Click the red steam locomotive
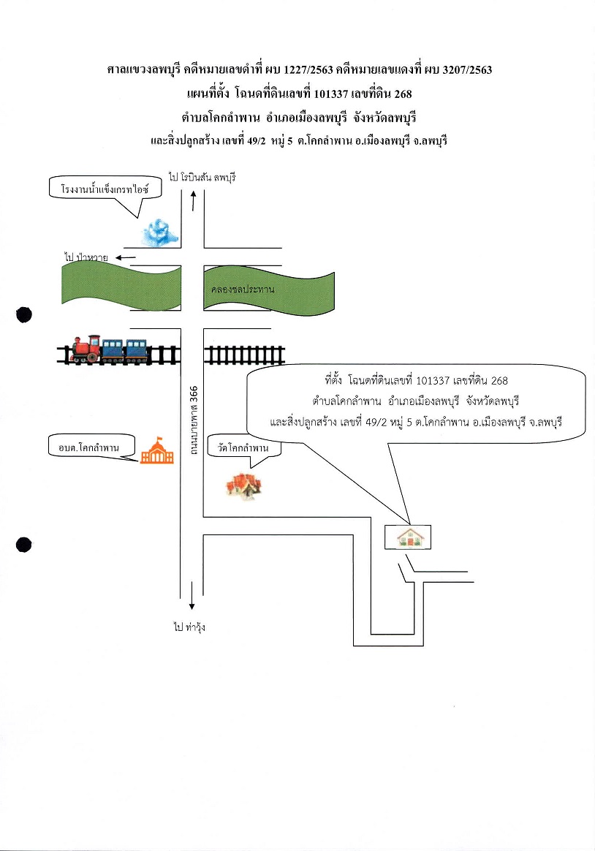(86, 349)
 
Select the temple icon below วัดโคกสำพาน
(243, 485)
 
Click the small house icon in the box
(410, 537)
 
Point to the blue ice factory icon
(160, 232)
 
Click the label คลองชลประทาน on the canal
(243, 290)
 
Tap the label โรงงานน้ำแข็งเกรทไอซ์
(105, 189)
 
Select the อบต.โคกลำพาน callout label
(89, 447)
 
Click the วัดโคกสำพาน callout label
(243, 447)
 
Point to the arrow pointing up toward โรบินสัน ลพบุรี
(193, 200)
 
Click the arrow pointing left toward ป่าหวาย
(125, 257)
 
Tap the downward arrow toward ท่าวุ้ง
(192, 595)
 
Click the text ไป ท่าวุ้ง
(189, 627)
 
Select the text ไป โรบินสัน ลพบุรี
(202, 178)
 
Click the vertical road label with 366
(193, 420)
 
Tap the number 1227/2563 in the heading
(308, 69)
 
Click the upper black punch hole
(24, 315)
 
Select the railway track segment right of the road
(244, 355)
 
